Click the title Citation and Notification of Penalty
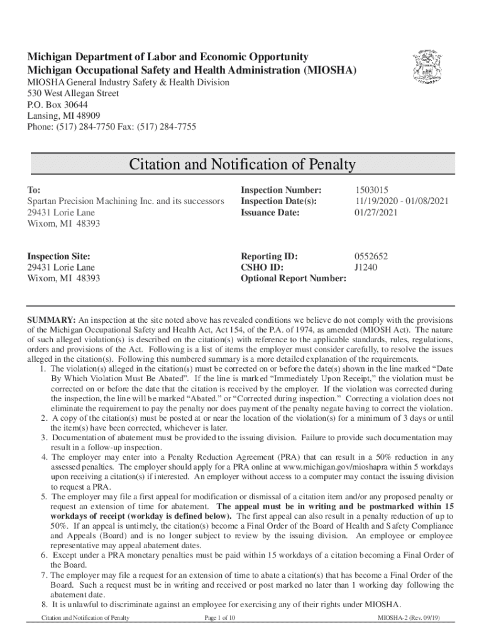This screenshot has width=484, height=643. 242,165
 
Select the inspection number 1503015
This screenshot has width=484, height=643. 371,190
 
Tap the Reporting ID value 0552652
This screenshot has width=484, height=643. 371,256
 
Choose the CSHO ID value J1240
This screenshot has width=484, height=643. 366,267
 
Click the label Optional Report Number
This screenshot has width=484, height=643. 294,279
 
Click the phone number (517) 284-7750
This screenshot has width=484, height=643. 87,127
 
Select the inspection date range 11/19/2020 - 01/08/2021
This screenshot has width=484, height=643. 401,202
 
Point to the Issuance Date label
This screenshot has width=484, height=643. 270,213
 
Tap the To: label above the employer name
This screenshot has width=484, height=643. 34,190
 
